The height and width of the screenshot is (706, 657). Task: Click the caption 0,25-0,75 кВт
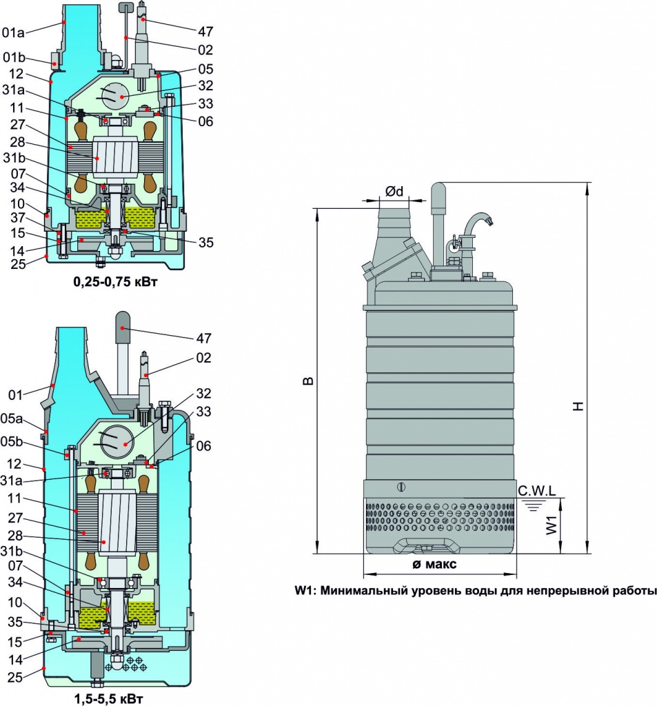(x=115, y=282)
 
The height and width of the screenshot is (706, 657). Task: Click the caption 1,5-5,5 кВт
(x=108, y=700)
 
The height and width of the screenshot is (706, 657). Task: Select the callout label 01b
(x=14, y=57)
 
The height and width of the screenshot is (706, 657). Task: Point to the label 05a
(x=11, y=418)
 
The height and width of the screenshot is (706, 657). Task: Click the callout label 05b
(x=12, y=442)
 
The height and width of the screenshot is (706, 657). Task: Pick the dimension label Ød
(x=394, y=192)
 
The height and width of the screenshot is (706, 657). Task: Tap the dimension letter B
(x=307, y=381)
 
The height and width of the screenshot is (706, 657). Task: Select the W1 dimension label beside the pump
(x=552, y=525)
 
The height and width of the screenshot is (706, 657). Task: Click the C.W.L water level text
(x=536, y=491)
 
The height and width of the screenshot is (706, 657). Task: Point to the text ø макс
(x=434, y=564)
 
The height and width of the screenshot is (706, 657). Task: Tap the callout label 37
(x=17, y=218)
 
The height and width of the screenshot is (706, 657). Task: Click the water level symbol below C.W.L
(x=534, y=506)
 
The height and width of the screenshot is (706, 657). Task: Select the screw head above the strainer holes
(x=401, y=487)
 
